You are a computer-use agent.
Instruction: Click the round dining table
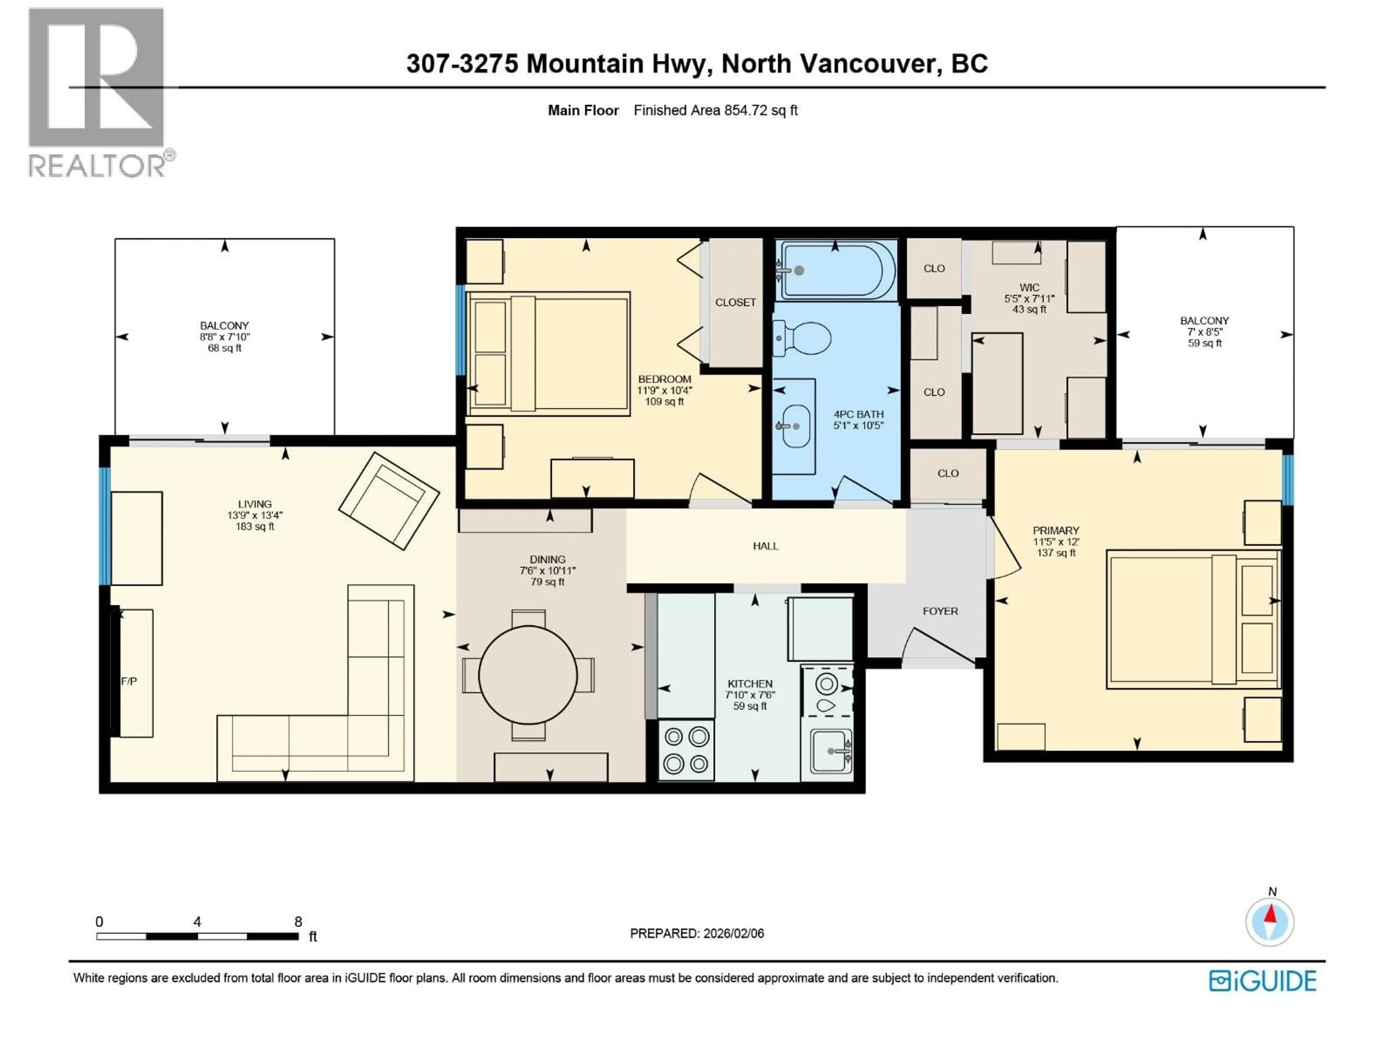pyautogui.click(x=528, y=675)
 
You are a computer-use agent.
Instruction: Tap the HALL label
pyautogui.click(x=765, y=546)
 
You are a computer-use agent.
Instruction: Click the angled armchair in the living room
pyautogui.click(x=389, y=500)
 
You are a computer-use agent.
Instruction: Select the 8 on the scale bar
pyautogui.click(x=298, y=922)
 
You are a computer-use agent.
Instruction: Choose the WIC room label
pyautogui.click(x=1029, y=288)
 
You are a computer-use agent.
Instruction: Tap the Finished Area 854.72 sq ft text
pyautogui.click(x=715, y=110)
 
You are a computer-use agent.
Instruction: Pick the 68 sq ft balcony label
pyautogui.click(x=225, y=348)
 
